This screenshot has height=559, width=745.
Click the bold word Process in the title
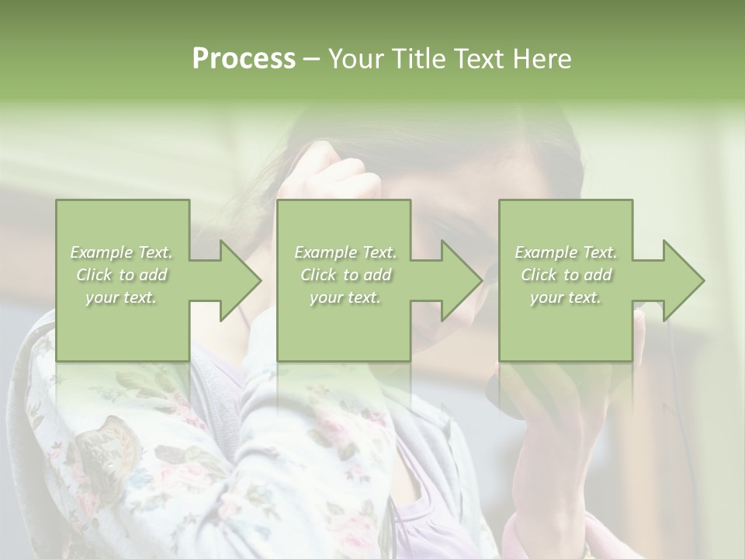244,59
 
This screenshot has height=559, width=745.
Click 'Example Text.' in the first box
122,252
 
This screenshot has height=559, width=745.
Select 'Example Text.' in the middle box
345,252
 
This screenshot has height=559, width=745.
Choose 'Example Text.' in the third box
566,252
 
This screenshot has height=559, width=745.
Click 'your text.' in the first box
122,297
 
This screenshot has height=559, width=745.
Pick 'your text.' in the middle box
345,297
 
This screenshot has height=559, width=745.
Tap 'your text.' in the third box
566,297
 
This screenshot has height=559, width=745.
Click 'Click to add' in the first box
122,275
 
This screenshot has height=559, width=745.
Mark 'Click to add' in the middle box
345,275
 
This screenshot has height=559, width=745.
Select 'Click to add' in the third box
566,275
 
